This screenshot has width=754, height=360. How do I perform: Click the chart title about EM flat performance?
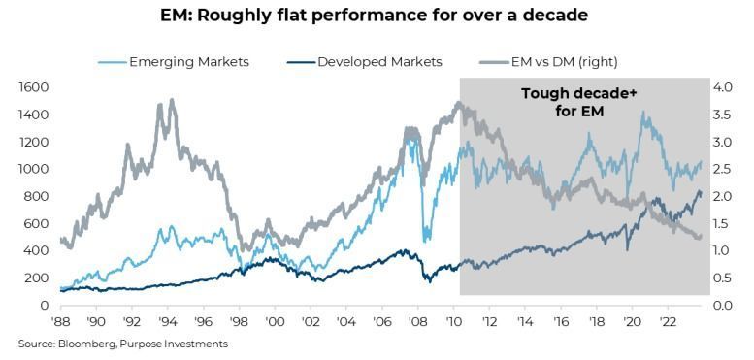pos(375,16)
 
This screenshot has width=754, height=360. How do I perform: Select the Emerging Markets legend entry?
pos(174,62)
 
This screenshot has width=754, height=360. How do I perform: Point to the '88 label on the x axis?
pos(60,320)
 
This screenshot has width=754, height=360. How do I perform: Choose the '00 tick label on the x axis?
pos(275,320)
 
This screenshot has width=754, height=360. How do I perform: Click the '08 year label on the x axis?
pos(418,320)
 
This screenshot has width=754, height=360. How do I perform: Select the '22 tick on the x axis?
pos(668,320)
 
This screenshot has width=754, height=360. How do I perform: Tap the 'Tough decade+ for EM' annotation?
pos(579,103)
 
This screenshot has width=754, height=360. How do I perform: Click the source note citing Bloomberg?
pos(122,344)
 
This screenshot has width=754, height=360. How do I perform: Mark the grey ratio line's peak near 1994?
pos(172,100)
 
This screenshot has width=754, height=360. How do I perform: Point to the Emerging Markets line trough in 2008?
pos(425,241)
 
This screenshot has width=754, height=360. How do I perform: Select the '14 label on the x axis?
pos(525,320)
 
